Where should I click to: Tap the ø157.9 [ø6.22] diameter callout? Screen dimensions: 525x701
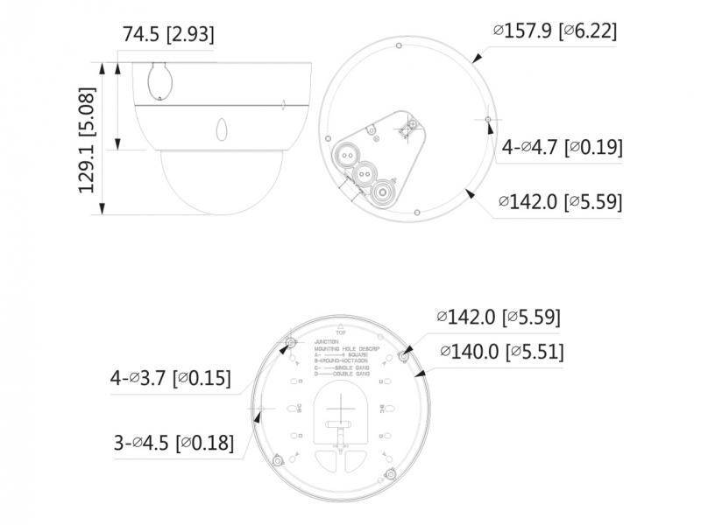click(x=555, y=31)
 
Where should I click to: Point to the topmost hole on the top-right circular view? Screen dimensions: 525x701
click(x=399, y=44)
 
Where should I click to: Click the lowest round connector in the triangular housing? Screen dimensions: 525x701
click(x=382, y=191)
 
